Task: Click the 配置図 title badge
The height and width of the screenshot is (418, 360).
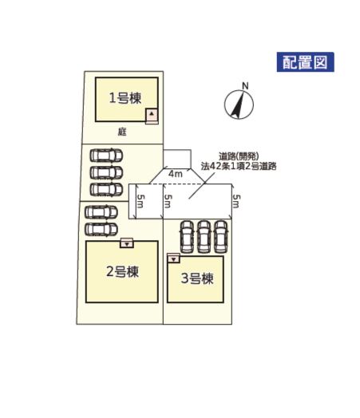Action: pyautogui.click(x=306, y=62)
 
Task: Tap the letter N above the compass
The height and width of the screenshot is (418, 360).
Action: pyautogui.click(x=245, y=86)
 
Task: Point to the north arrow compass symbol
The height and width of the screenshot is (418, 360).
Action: pyautogui.click(x=239, y=104)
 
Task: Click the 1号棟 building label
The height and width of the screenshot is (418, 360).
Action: pyautogui.click(x=125, y=98)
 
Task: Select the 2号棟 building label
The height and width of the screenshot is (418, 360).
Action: pyautogui.click(x=122, y=272)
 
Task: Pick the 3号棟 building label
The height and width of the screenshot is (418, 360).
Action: pyautogui.click(x=197, y=278)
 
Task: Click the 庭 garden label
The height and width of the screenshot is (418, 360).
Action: pyautogui.click(x=122, y=132)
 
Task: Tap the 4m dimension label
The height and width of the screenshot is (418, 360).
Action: pyautogui.click(x=175, y=174)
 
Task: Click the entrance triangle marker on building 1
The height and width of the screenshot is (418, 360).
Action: pyautogui.click(x=152, y=114)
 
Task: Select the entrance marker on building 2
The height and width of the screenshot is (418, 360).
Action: pyautogui.click(x=127, y=244)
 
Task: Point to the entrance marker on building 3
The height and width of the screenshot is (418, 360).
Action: pyautogui.click(x=174, y=259)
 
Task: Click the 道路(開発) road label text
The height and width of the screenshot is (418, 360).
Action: pyautogui.click(x=239, y=156)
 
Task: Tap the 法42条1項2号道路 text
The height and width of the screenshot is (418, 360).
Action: pyautogui.click(x=239, y=167)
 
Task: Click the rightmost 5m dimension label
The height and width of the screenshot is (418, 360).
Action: pyautogui.click(x=236, y=201)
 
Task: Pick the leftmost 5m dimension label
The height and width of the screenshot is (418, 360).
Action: pyautogui.click(x=140, y=201)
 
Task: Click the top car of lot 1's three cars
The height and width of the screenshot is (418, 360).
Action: pyautogui.click(x=106, y=156)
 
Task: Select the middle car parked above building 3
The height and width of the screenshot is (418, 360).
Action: pyautogui.click(x=204, y=237)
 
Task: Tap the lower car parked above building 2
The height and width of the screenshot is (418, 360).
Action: pyautogui.click(x=101, y=230)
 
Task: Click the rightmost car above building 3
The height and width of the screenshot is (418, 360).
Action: pyautogui.click(x=221, y=237)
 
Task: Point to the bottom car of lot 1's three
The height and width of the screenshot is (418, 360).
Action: pyautogui.click(x=106, y=190)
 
